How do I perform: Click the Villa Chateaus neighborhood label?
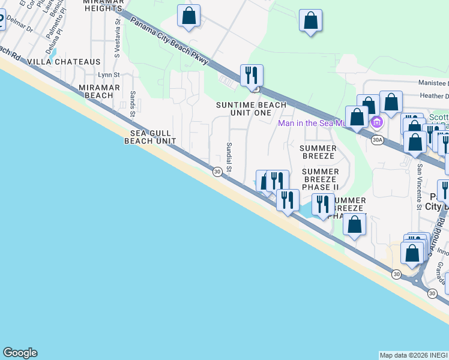coord(71,62)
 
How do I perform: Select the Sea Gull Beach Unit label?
coord(150,137)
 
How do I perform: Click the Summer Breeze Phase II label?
coord(320,179)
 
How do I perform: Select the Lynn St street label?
coord(109,75)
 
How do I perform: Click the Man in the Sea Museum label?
coord(312,123)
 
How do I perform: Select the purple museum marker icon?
coord(377,124)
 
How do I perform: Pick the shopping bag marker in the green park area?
coord(311,20)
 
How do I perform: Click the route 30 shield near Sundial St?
coord(217,172)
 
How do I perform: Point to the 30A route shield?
coord(377,140)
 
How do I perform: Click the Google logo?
coord(20,353)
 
